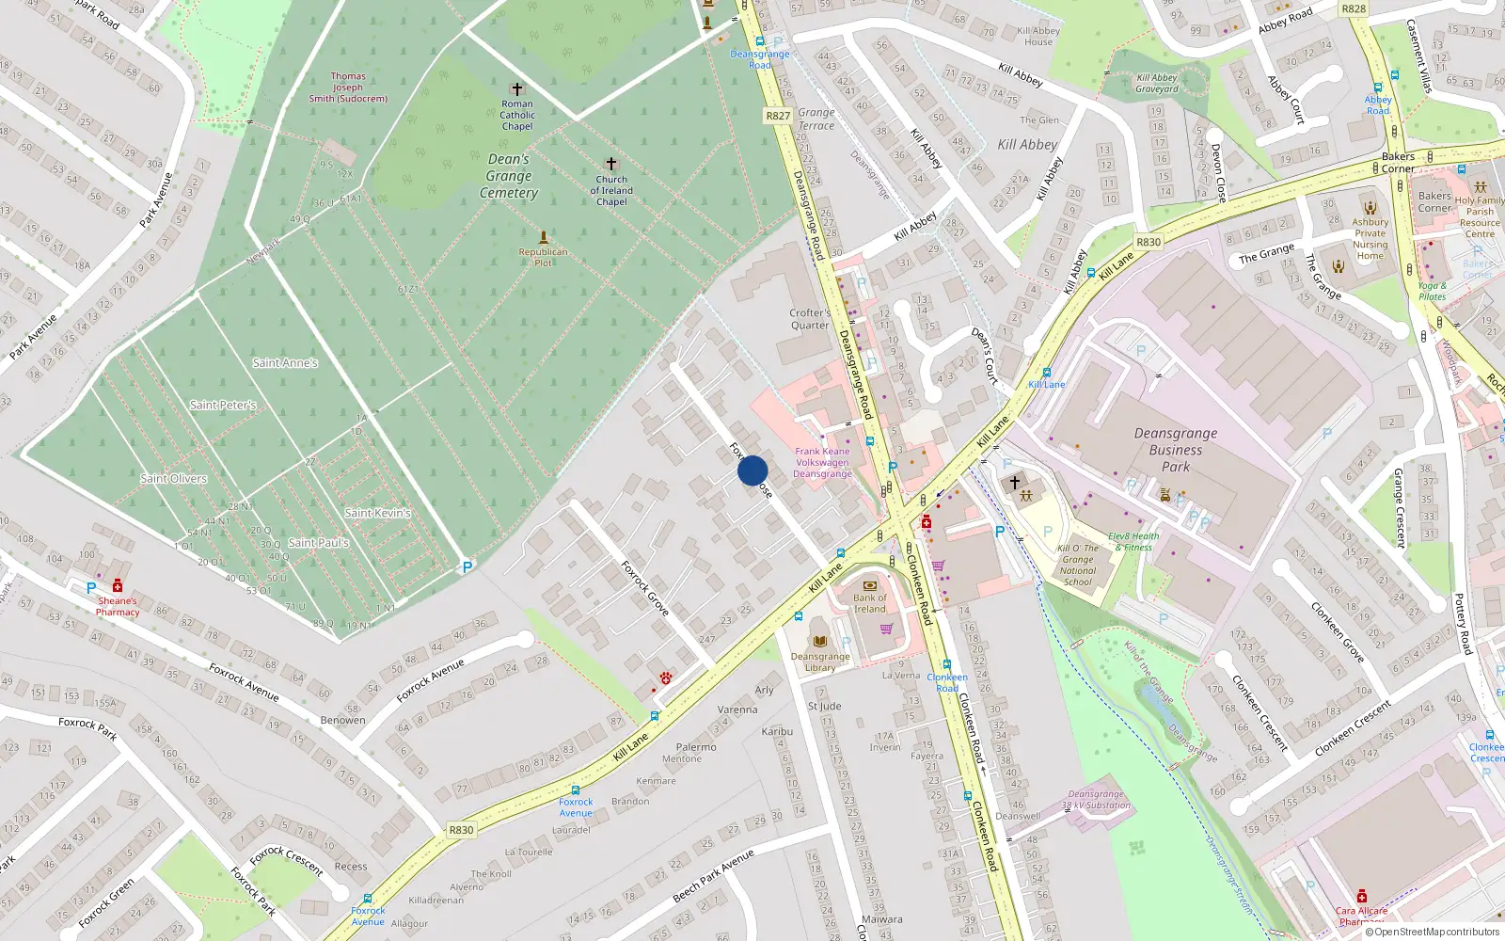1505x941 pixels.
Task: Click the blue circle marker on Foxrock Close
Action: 752,470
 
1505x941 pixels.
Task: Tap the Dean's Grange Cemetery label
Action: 509,176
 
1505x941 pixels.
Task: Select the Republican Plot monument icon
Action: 543,237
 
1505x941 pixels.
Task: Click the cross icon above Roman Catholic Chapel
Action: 516,89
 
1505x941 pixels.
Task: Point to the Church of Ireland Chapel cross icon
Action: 611,164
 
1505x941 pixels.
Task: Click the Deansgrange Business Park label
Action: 1175,450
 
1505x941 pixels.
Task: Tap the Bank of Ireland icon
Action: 870,584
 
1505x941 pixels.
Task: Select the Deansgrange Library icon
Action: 820,641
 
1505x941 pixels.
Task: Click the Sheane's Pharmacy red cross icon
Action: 118,585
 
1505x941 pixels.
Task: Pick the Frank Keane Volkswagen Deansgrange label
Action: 822,463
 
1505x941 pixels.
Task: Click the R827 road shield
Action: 778,116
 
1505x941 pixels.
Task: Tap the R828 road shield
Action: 1354,8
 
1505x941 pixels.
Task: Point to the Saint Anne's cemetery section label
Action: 285,362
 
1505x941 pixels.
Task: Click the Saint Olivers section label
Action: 173,478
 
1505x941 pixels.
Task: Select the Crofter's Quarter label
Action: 810,319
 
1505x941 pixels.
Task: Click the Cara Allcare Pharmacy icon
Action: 1361,896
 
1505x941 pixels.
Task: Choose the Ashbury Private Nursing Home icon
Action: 1370,208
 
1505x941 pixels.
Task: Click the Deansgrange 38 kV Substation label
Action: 1096,799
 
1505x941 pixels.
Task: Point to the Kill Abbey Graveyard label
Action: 1157,84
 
